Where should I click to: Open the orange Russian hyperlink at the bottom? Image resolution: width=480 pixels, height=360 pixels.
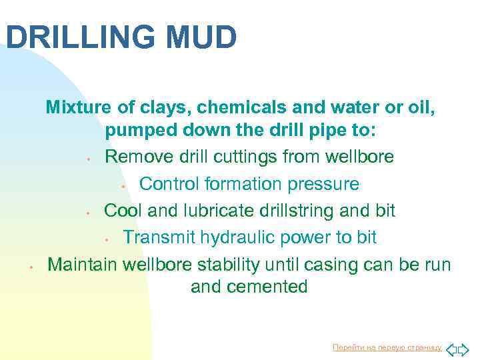[x=386, y=347]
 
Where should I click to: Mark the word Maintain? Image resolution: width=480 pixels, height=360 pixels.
[x=85, y=263]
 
